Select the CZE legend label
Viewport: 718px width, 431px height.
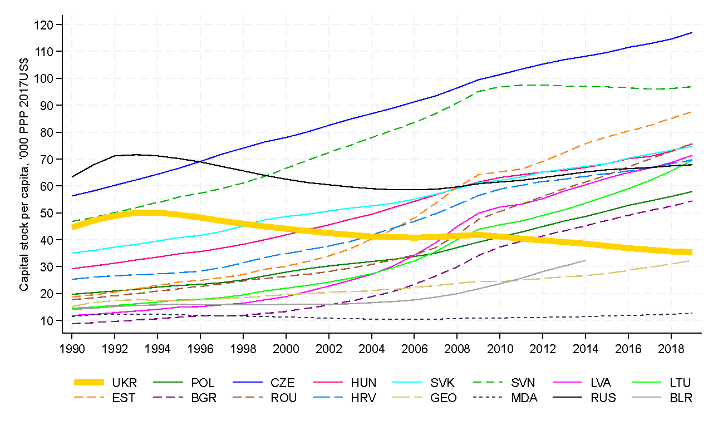(283, 383)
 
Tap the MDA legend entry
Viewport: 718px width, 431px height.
(524, 398)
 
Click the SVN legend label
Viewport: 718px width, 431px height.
(523, 383)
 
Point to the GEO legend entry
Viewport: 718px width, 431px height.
(443, 398)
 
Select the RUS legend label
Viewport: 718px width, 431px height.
(603, 398)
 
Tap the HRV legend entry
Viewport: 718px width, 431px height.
(363, 398)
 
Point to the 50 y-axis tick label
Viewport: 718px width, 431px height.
(47, 213)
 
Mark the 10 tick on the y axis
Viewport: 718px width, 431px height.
(47, 320)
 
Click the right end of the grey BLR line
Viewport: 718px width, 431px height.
(586, 260)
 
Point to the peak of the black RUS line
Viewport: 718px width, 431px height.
(136, 155)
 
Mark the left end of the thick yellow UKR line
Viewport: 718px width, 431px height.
(72, 227)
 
